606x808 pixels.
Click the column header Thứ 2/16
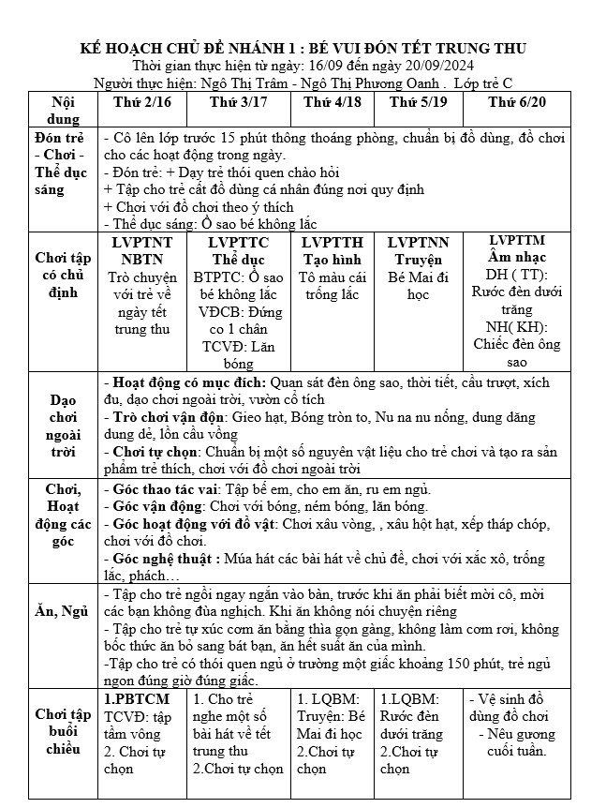pyautogui.click(x=139, y=100)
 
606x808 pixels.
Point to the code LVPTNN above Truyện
pyautogui.click(x=417, y=242)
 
